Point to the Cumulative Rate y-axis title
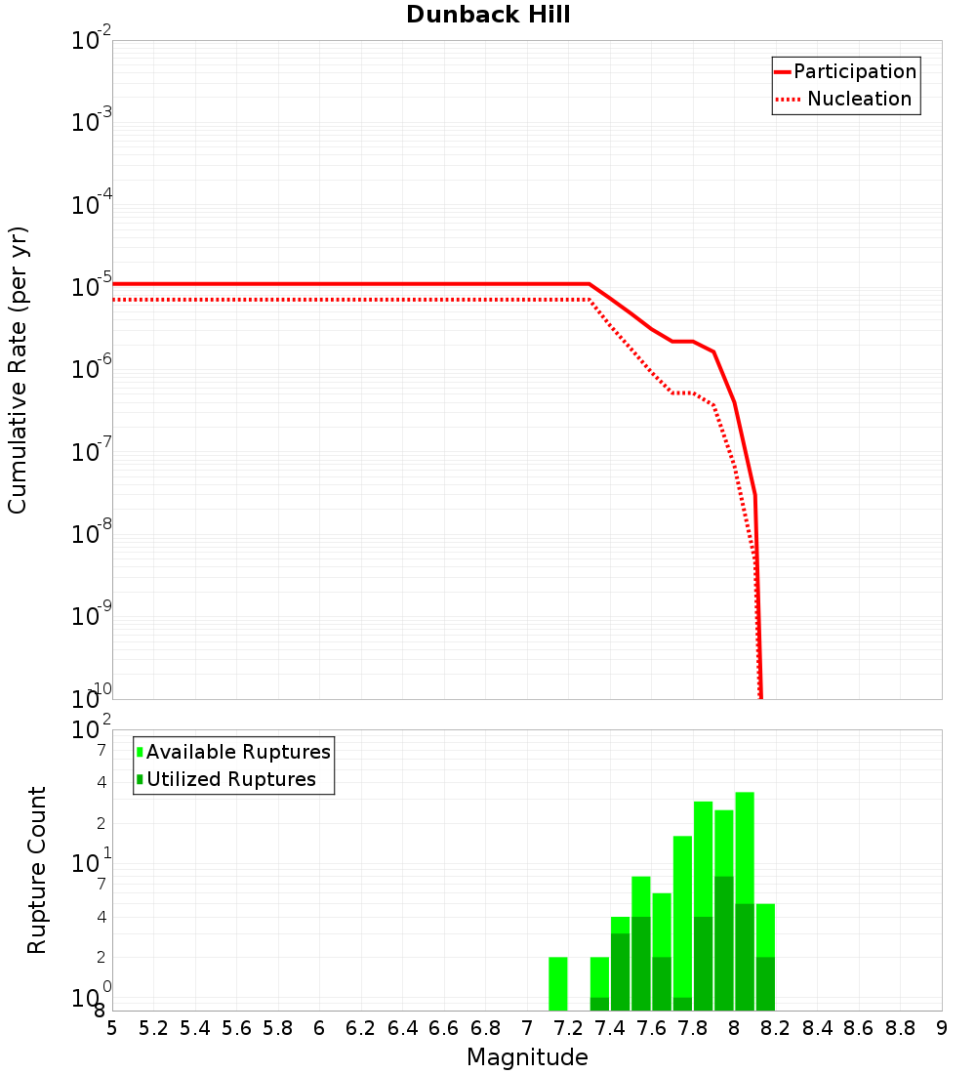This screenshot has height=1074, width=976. pyautogui.click(x=18, y=369)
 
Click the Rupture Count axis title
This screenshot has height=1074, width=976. pyautogui.click(x=37, y=870)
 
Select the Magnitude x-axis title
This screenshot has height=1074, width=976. pyautogui.click(x=527, y=1058)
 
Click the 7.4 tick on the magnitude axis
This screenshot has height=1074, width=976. pyautogui.click(x=610, y=1028)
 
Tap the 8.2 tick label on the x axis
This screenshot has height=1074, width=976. pyautogui.click(x=776, y=1028)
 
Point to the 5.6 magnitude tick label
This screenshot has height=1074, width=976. pyautogui.click(x=237, y=1028)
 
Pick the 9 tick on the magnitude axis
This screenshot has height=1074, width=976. pyautogui.click(x=942, y=1028)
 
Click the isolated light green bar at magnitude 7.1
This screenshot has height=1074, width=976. pyautogui.click(x=558, y=983)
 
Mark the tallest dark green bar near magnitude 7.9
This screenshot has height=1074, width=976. pyautogui.click(x=724, y=942)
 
